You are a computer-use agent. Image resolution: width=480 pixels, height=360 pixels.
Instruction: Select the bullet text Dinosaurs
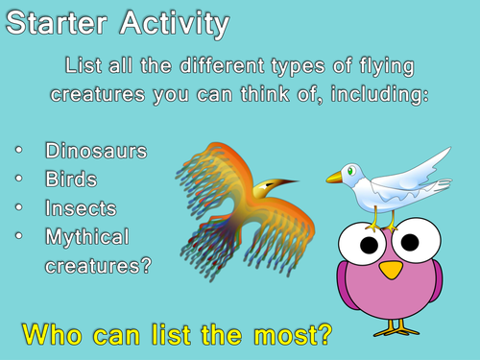point(95,151)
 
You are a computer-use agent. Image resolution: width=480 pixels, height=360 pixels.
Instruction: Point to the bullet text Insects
point(81,206)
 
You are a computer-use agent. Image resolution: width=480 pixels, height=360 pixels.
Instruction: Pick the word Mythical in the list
point(87,235)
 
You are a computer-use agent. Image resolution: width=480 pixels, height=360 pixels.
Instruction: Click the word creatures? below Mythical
point(98,263)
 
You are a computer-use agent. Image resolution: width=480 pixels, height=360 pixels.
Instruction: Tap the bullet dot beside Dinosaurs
point(20,151)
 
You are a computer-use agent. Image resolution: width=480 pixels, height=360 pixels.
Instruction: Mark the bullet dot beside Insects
point(20,206)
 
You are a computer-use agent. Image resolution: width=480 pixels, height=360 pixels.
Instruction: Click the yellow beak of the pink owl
point(389,270)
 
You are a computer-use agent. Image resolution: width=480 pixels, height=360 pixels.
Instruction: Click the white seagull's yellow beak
point(335,177)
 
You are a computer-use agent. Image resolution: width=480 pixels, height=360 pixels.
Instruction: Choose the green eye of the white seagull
point(351,171)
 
